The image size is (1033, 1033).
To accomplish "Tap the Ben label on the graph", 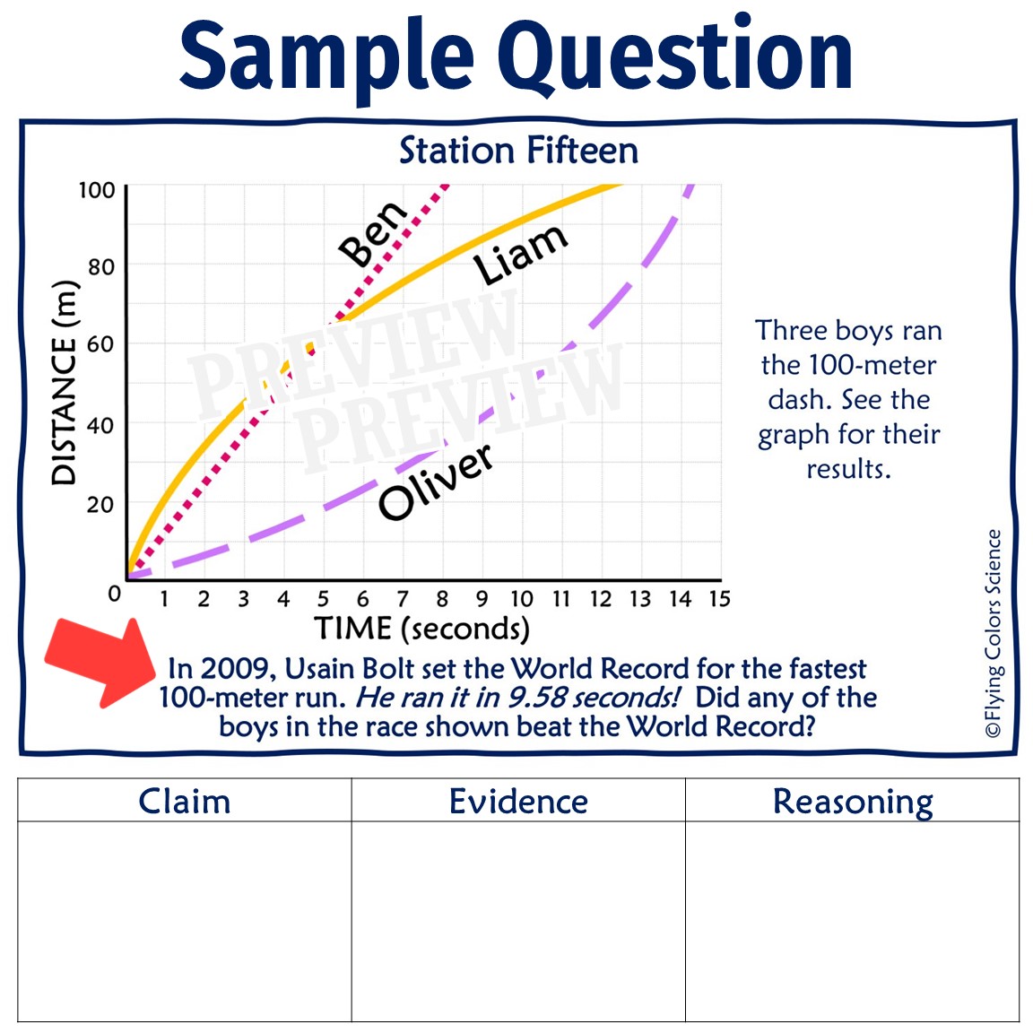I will point(373,233).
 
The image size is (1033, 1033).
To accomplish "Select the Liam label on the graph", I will point(520,255).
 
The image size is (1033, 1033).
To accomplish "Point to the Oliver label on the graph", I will point(437,482).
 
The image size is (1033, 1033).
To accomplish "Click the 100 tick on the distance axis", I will point(97,190).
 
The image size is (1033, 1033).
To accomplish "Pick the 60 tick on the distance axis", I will point(100,343).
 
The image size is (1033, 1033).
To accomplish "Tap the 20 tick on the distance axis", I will point(100,505).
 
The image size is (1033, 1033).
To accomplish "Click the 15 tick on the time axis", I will point(719,599).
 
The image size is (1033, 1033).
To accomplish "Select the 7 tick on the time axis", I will point(403,599).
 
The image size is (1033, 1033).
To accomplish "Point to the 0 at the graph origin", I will point(114,594).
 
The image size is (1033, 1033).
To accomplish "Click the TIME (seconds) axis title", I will point(421,629).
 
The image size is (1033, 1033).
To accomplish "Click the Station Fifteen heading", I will point(518,151).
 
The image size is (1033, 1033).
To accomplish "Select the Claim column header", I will point(185,801).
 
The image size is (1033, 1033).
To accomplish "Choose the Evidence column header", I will point(518,801).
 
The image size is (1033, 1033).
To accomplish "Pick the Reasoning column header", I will point(853,802).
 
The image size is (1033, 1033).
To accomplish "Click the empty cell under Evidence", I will point(518,920).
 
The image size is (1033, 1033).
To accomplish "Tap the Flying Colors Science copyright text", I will point(993,633).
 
